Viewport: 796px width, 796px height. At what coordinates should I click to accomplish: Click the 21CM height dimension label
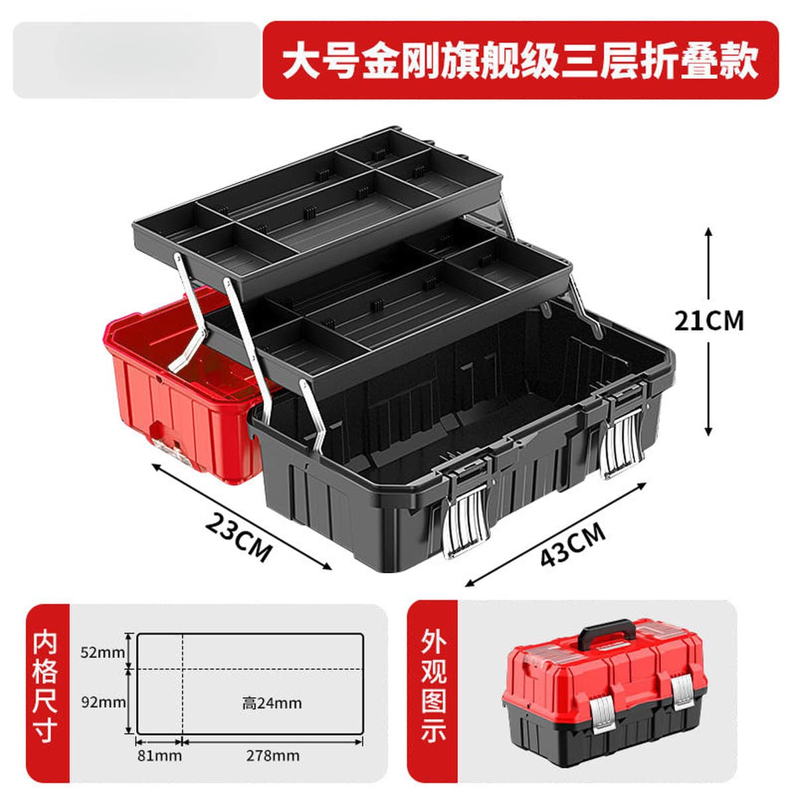click(x=709, y=321)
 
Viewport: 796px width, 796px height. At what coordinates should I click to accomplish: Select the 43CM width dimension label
click(x=573, y=544)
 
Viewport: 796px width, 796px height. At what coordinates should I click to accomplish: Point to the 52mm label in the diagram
click(x=102, y=653)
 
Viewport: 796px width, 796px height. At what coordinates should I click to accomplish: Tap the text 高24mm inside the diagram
click(x=272, y=703)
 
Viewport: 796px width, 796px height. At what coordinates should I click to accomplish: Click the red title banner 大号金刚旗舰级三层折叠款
click(x=521, y=60)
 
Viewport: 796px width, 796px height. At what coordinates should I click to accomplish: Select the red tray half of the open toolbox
click(x=186, y=384)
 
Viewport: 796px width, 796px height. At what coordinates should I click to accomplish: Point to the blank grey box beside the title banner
click(x=137, y=60)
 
